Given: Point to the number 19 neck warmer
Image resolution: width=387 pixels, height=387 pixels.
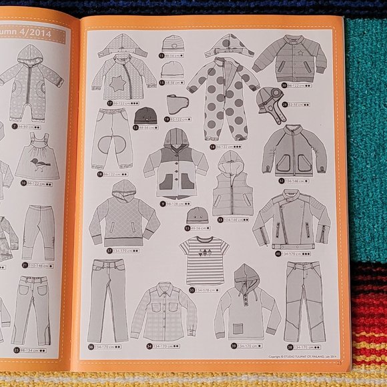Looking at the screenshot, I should (x=178, y=104).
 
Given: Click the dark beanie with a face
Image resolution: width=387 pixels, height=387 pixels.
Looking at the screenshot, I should (x=145, y=115).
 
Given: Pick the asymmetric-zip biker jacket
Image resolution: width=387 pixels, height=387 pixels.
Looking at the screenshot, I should (x=291, y=219).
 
